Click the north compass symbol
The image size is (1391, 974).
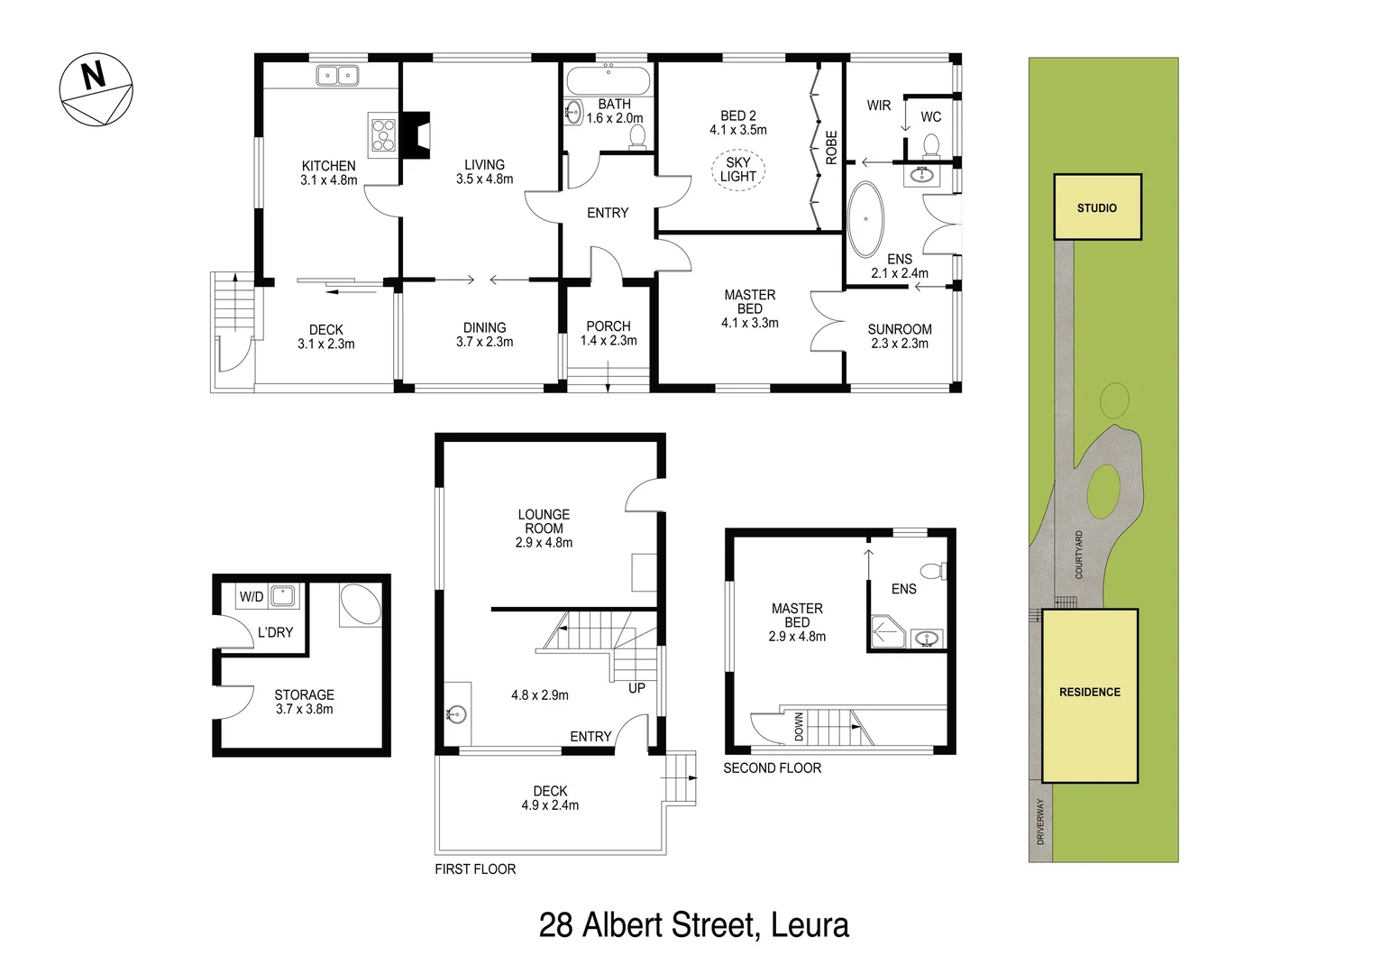(x=96, y=90)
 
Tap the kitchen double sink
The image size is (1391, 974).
(x=338, y=76)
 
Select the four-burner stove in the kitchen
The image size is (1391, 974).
(x=383, y=134)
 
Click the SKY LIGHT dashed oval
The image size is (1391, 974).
(x=738, y=170)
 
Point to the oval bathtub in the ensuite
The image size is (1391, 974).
(x=866, y=219)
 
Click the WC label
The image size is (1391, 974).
(x=931, y=117)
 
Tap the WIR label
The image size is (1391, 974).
(x=879, y=106)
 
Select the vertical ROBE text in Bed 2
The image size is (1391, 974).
(x=831, y=148)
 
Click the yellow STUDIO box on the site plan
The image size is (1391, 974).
(x=1097, y=207)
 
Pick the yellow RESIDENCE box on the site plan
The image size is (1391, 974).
(x=1090, y=693)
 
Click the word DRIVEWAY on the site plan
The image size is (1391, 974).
(x=1040, y=822)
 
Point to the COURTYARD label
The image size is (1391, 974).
(x=1079, y=554)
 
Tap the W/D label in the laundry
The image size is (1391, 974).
(x=252, y=597)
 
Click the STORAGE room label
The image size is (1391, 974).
(x=305, y=695)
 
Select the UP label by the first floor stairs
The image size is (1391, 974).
(x=636, y=688)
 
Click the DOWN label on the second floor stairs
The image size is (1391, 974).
(x=799, y=727)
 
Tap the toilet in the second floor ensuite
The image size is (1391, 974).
(x=932, y=571)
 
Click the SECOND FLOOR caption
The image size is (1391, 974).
(x=773, y=768)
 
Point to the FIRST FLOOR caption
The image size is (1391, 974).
(x=475, y=869)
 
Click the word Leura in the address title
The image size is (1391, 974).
(x=810, y=925)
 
